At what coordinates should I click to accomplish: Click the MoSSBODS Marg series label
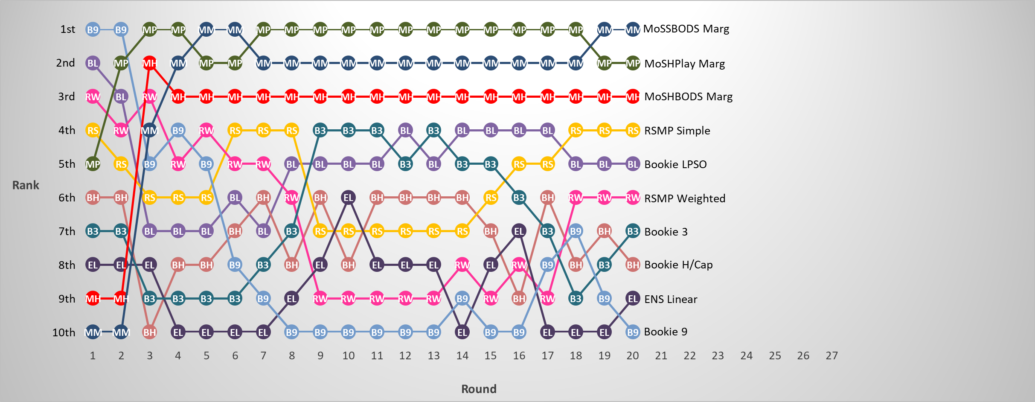(x=686, y=29)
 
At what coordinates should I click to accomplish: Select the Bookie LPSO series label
(x=675, y=164)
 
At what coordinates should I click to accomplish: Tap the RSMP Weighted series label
(x=684, y=198)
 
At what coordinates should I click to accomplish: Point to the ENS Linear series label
(x=671, y=299)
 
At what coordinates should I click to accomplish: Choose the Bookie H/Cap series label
(x=678, y=265)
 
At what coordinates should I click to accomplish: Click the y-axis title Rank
(x=26, y=185)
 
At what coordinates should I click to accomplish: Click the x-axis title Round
(x=479, y=389)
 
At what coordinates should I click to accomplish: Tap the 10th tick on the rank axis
(x=64, y=332)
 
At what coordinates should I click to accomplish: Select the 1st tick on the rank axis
(x=67, y=29)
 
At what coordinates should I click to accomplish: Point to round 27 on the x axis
(x=831, y=355)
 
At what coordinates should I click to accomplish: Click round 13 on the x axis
(x=433, y=355)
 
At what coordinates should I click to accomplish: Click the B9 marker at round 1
(x=93, y=29)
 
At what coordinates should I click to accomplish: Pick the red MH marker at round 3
(x=149, y=64)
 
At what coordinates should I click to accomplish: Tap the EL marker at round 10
(x=349, y=198)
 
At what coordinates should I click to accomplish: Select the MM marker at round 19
(x=604, y=29)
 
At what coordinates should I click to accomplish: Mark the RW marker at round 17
(x=547, y=299)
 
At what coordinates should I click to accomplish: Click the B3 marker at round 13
(x=433, y=130)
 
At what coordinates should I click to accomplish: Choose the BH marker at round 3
(x=149, y=332)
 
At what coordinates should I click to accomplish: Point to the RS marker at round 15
(x=491, y=198)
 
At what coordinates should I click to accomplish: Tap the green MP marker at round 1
(x=93, y=164)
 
